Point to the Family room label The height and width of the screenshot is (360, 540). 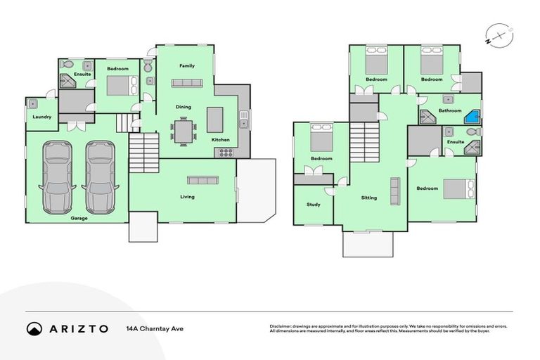pyautogui.click(x=186, y=66)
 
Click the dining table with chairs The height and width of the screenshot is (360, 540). pyautogui.click(x=184, y=131)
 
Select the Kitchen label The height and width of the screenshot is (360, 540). pyautogui.click(x=221, y=140)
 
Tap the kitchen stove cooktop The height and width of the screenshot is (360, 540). pyautogui.click(x=225, y=151)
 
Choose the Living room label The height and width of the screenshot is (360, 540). pyautogui.click(x=187, y=197)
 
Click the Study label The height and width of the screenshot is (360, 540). pyautogui.click(x=313, y=205)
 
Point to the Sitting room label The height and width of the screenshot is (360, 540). pyautogui.click(x=369, y=198)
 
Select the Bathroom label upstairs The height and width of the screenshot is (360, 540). pyautogui.click(x=450, y=110)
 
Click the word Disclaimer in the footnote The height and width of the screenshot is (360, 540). pyautogui.click(x=282, y=326)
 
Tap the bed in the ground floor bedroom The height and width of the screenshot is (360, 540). pyautogui.click(x=117, y=86)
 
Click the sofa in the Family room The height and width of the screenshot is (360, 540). pyautogui.click(x=186, y=83)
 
